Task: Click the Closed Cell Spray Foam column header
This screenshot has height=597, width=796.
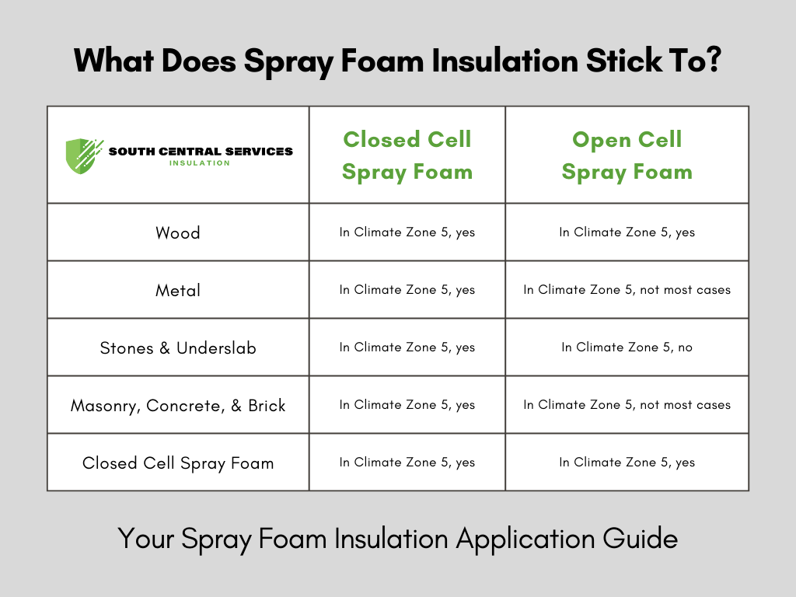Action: [x=407, y=155]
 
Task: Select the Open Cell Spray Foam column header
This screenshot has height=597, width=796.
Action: [x=627, y=155]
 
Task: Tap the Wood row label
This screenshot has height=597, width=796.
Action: [x=178, y=232]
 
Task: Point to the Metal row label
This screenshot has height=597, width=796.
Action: [x=178, y=290]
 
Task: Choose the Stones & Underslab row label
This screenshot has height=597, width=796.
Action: [x=178, y=347]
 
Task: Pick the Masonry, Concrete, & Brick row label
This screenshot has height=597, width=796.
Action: [x=178, y=405]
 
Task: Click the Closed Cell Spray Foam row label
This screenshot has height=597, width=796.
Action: [x=178, y=463]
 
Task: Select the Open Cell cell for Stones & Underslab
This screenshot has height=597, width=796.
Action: [x=627, y=347]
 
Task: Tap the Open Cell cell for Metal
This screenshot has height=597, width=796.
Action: [x=627, y=290]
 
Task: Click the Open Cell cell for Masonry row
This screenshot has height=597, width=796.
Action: [x=627, y=405]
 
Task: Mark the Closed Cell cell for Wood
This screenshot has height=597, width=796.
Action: [x=407, y=232]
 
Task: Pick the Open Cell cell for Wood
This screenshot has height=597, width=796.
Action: [x=627, y=232]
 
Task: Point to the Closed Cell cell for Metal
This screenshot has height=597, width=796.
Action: [x=407, y=290]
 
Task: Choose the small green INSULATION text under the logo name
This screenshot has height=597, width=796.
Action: [x=200, y=163]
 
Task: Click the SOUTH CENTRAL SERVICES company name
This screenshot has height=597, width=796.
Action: [x=201, y=151]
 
